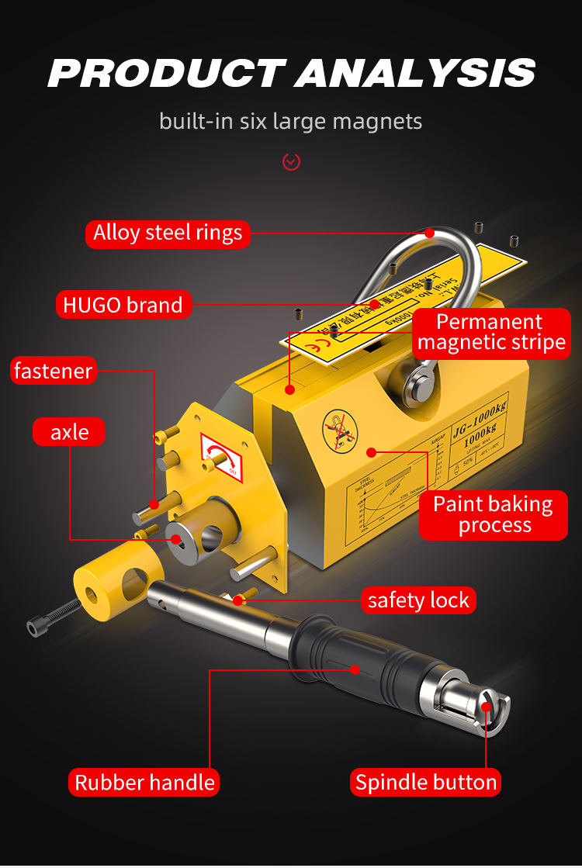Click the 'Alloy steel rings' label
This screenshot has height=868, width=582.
(x=168, y=233)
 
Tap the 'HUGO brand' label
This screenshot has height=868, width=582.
(x=123, y=305)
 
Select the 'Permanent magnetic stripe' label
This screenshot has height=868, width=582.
(x=490, y=332)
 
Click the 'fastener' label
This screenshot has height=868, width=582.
(x=53, y=371)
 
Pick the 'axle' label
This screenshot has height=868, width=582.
(x=69, y=431)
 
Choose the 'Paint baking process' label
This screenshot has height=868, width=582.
(x=493, y=514)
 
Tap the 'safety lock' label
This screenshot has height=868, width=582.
(x=418, y=600)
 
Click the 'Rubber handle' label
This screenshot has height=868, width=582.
(x=144, y=782)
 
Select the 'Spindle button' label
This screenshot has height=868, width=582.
(x=426, y=782)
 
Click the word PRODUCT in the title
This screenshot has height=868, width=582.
(x=165, y=74)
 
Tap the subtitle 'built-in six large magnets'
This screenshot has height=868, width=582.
(x=291, y=122)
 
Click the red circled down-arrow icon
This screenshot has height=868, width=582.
(x=291, y=161)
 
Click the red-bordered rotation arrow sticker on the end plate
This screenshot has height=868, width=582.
(x=222, y=457)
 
